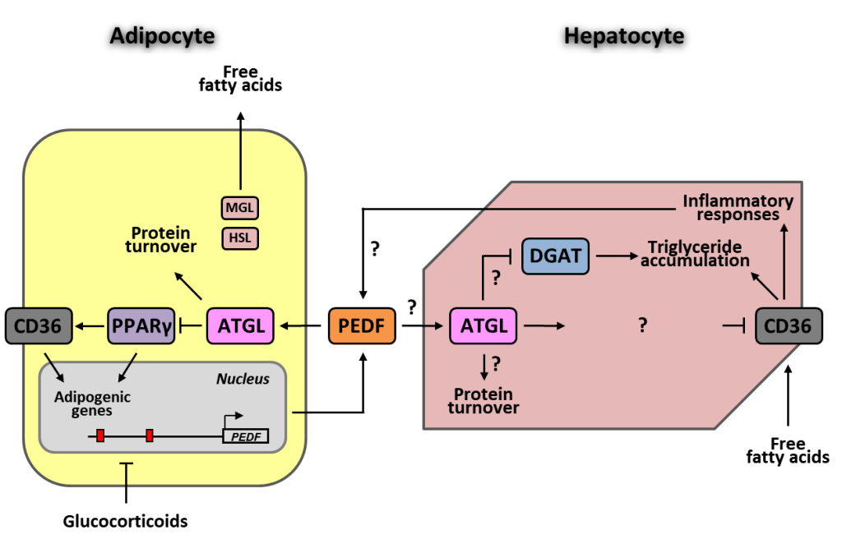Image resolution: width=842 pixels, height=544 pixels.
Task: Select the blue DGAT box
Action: pos(556,257)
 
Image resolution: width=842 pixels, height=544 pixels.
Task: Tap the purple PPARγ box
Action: pos(141,325)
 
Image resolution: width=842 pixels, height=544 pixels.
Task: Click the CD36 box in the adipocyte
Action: pos(38,325)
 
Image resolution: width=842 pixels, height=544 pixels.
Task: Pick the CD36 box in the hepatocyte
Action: pos(787,326)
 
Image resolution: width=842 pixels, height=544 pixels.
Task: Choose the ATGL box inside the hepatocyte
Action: pos(483,325)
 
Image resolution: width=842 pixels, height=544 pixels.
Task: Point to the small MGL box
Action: pos(240,208)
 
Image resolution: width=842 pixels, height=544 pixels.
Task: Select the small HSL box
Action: pos(240,238)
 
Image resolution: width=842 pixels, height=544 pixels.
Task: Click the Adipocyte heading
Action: pos(162,35)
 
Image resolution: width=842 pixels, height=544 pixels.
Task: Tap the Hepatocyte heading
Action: pos(624,35)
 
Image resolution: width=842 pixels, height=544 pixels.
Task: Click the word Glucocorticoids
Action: pos(126,521)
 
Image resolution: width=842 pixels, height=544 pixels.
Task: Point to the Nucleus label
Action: pos(243,379)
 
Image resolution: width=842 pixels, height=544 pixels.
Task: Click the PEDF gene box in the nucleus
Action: pos(246,436)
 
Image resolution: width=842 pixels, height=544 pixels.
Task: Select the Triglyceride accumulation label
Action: pos(698,254)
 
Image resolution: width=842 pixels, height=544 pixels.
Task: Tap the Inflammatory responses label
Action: pos(738,207)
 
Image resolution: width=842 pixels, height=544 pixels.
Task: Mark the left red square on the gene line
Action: pos(100,436)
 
